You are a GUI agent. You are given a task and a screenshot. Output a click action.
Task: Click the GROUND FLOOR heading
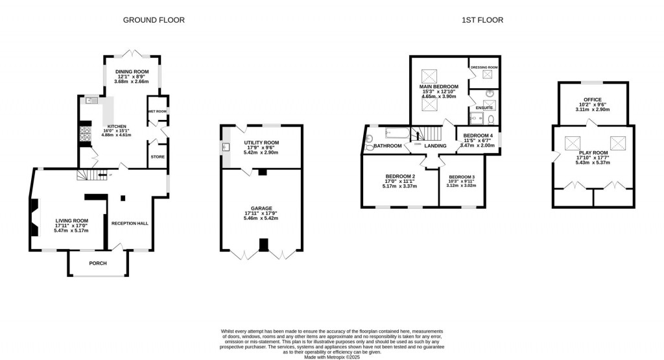pyautogui.click(x=154, y=20)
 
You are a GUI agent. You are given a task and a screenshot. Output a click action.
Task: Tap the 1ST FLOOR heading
pyautogui.click(x=482, y=20)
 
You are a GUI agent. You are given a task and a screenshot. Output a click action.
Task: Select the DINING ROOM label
pyautogui.click(x=132, y=71)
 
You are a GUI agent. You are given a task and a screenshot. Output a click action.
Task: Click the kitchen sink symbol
pyautogui.click(x=91, y=101)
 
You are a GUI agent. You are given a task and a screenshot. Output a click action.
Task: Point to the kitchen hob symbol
pyautogui.click(x=84, y=134)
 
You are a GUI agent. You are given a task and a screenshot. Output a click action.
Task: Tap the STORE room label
pyautogui.click(x=158, y=156)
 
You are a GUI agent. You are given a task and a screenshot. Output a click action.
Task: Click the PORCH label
pyautogui.click(x=98, y=263)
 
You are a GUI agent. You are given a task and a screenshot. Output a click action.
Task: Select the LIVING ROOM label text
pyautogui.click(x=71, y=221)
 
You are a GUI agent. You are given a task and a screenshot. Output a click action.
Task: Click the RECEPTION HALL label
pyautogui.click(x=130, y=223)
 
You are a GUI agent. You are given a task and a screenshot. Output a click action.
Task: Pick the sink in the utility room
pyautogui.click(x=226, y=147)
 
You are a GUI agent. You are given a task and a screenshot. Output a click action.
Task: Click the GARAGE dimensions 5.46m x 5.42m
pyautogui.click(x=261, y=219)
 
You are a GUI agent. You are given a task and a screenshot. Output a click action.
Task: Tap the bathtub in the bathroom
pyautogui.click(x=397, y=134)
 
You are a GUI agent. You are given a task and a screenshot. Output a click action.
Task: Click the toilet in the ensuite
pyautogui.click(x=492, y=119)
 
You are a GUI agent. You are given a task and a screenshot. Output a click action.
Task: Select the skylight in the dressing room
pyautogui.click(x=484, y=78)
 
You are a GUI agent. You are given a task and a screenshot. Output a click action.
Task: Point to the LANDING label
pyautogui.click(x=434, y=146)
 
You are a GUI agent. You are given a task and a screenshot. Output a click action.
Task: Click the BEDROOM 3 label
pyautogui.click(x=462, y=177)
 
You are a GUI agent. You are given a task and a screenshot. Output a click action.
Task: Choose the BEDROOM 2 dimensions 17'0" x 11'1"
pyautogui.click(x=400, y=182)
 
